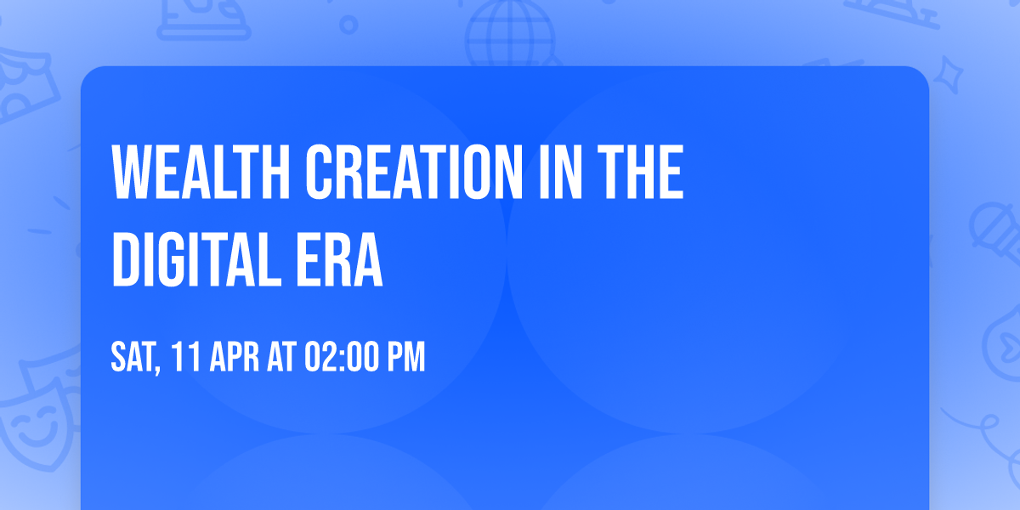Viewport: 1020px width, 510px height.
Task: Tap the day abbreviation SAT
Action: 132,357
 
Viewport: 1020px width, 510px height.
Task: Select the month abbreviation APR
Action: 231,357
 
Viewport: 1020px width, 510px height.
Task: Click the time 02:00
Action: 340,357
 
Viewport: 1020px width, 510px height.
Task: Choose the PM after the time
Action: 405,357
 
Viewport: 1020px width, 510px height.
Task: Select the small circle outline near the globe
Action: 348,24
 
